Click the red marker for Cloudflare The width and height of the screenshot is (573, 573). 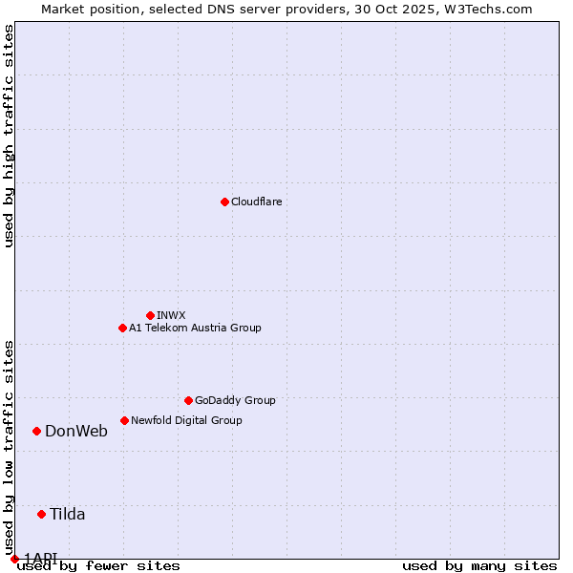(224, 202)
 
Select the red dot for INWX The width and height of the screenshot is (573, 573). (150, 315)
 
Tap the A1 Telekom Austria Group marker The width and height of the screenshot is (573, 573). (122, 328)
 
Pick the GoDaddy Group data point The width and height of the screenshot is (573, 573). (188, 400)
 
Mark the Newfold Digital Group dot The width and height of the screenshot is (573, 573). (124, 420)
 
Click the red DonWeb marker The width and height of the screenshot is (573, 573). (36, 431)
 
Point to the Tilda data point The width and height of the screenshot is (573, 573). (41, 514)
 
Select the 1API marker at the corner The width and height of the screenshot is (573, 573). (14, 559)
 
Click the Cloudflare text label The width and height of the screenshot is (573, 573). (256, 202)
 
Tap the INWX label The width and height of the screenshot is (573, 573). (171, 315)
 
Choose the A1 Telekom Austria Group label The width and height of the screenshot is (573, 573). (195, 328)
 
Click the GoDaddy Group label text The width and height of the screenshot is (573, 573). (235, 400)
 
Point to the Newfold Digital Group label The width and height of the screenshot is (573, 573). (186, 420)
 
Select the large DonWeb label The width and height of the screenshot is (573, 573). (76, 431)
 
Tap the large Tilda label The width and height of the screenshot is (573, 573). (68, 514)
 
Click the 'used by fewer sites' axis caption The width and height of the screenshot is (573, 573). (98, 566)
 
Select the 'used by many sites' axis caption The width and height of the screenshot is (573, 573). (479, 566)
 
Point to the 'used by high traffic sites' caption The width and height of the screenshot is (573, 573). (9, 136)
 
